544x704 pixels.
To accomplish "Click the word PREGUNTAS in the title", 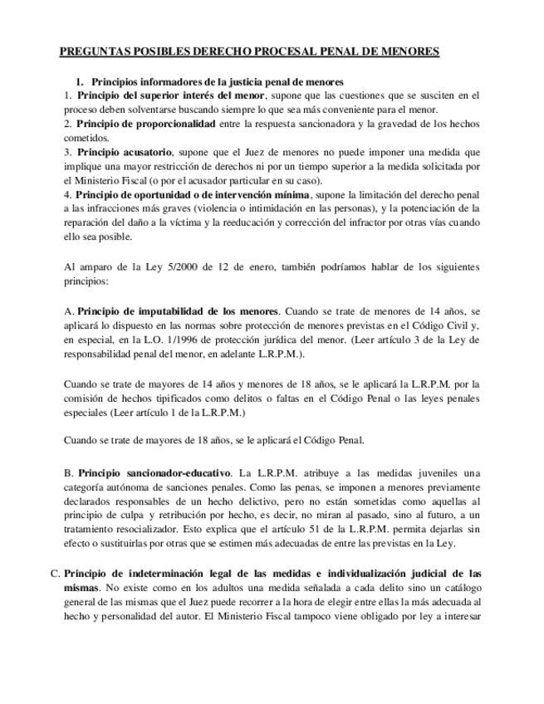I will pos(93,51).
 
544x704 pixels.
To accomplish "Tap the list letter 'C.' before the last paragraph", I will pos(55,574).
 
